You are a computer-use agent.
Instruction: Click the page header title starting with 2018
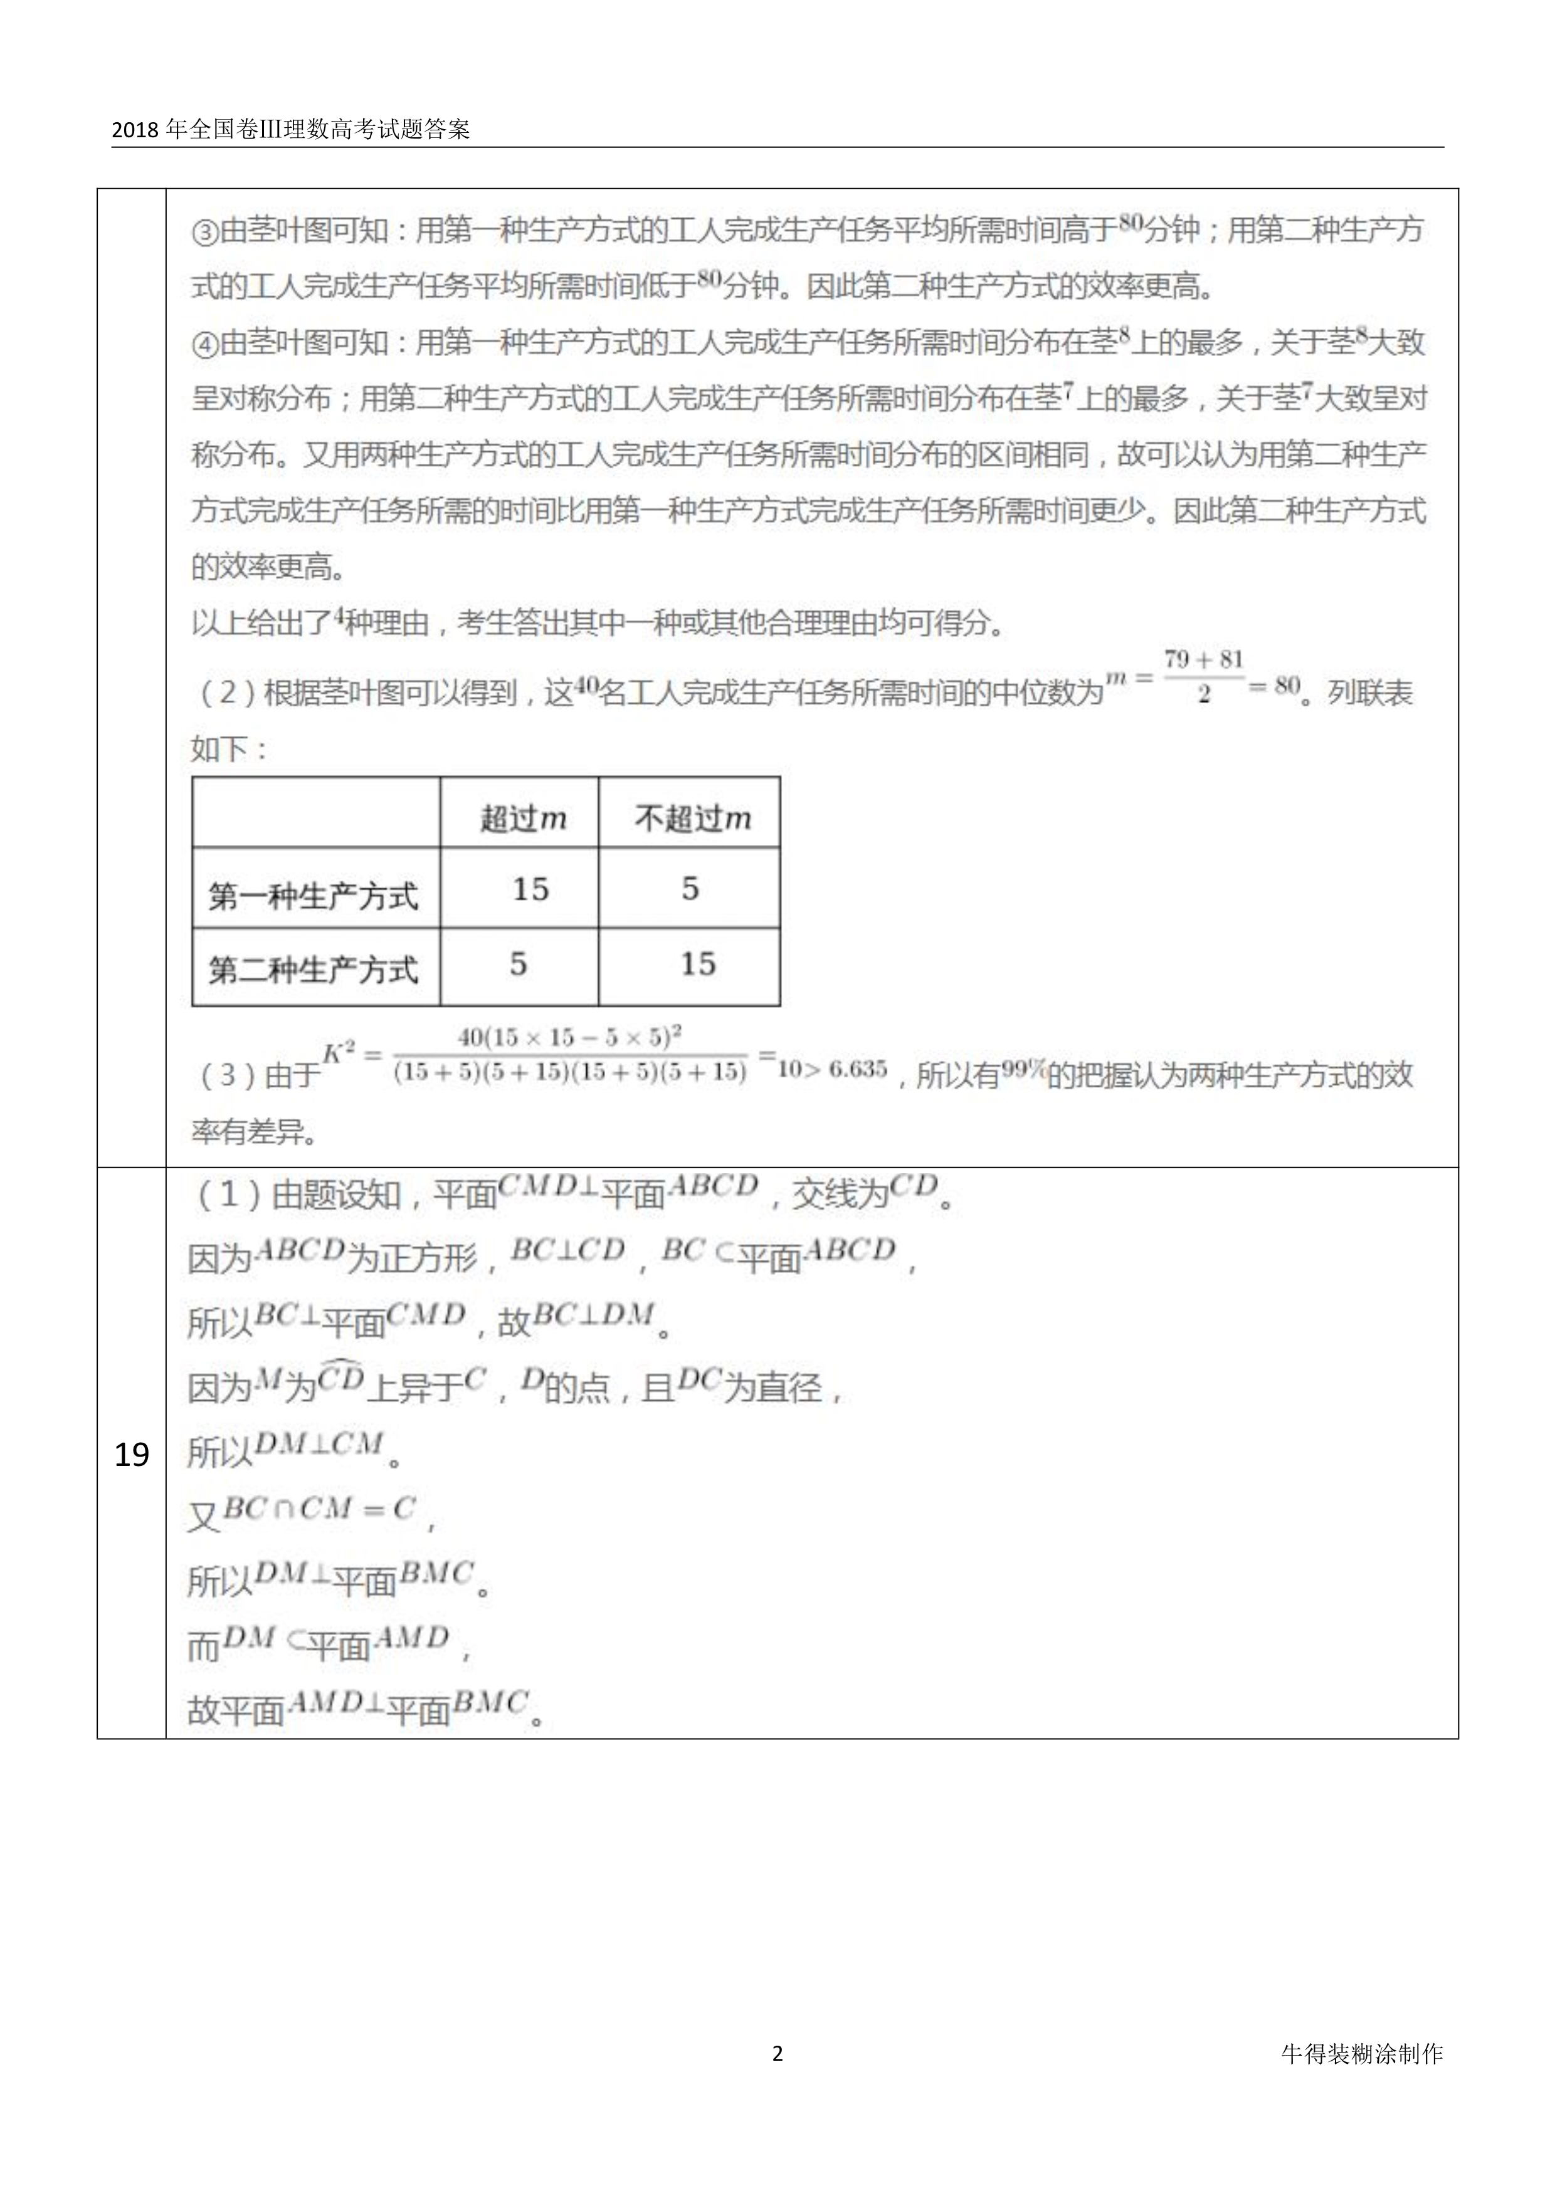(x=290, y=129)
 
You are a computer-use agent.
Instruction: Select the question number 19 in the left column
(x=131, y=1455)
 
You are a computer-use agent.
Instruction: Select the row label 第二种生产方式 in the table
(x=313, y=970)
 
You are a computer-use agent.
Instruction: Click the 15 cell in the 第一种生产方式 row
(x=529, y=889)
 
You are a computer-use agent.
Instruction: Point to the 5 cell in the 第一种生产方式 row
(x=690, y=889)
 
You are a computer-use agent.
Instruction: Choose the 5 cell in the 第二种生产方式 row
(x=518, y=964)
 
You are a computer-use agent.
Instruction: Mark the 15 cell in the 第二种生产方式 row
(x=697, y=964)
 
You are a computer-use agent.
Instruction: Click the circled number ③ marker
(x=205, y=232)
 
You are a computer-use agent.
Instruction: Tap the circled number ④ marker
(x=205, y=343)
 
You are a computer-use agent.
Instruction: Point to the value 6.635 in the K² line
(x=858, y=1069)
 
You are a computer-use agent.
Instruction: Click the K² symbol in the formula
(x=338, y=1053)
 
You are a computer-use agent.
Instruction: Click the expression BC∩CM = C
(x=319, y=1510)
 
